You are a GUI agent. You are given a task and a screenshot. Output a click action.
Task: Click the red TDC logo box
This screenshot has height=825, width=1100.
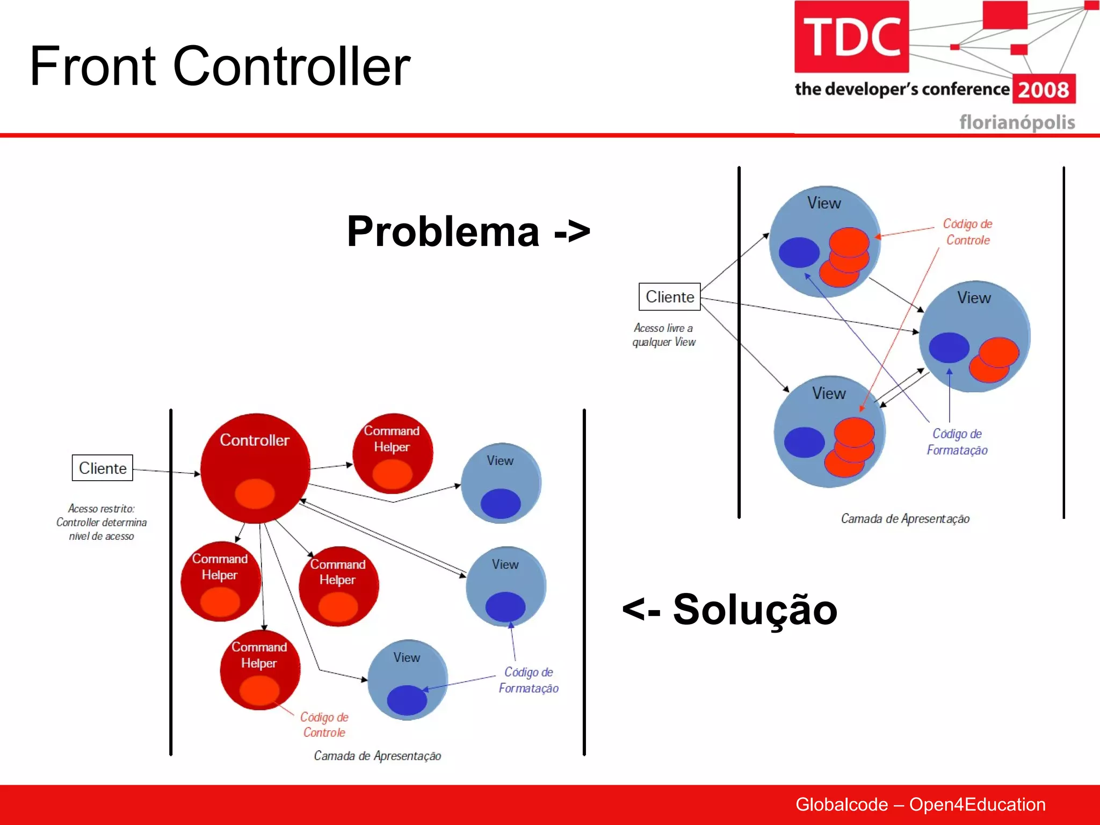851,37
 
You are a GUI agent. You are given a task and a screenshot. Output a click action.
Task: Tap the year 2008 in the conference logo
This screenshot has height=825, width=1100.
1043,90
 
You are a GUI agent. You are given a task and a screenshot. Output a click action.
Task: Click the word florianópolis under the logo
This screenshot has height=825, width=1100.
1017,122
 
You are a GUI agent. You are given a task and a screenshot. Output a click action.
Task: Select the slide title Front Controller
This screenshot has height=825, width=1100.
219,66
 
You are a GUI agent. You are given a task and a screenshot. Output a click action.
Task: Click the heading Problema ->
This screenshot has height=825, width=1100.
468,231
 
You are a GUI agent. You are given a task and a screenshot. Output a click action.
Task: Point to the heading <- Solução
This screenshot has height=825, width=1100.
729,610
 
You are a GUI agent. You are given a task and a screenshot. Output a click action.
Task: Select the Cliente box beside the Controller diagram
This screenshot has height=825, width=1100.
103,468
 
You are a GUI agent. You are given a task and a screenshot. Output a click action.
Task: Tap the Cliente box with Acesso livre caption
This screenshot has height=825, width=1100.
669,296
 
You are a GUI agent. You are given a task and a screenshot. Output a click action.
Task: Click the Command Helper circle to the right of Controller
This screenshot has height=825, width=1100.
392,452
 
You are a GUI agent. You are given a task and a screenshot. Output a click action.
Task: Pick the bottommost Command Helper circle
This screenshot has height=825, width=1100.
259,669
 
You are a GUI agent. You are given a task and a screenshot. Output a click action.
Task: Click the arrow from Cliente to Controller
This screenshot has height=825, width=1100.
167,472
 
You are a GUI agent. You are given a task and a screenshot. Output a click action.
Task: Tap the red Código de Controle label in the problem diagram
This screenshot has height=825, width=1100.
967,232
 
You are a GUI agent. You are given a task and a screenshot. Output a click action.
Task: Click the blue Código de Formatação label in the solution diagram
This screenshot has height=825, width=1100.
529,680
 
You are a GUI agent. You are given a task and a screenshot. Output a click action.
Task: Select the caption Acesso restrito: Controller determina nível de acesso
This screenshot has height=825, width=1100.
102,522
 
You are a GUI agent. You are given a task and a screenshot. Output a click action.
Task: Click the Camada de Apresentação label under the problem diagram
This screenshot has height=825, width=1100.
905,518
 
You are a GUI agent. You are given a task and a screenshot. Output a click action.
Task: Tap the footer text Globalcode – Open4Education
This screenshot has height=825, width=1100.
920,804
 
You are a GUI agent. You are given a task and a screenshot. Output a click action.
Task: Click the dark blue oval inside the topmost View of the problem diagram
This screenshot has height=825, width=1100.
799,252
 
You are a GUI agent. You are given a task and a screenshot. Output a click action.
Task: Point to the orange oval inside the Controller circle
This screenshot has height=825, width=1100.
255,493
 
